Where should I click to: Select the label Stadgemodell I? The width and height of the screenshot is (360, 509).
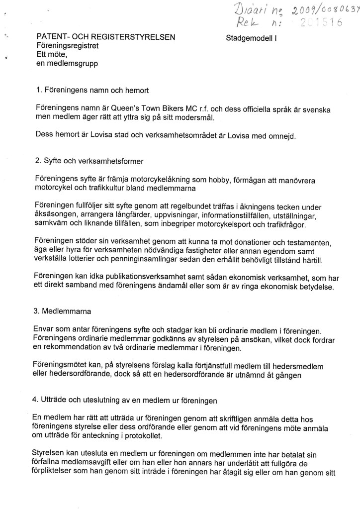click(x=251, y=37)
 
